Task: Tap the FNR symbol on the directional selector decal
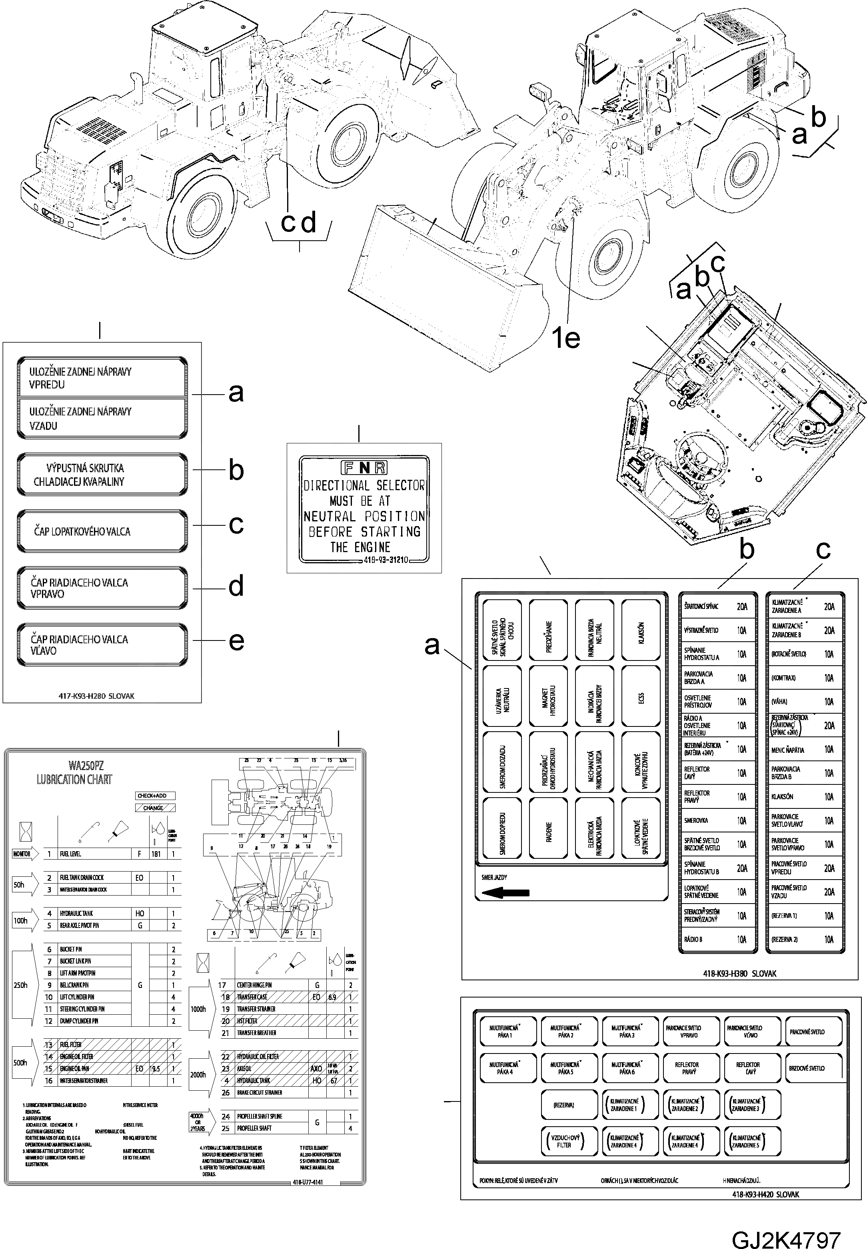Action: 364,467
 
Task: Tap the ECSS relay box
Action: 641,697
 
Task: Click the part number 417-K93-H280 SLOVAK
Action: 96,696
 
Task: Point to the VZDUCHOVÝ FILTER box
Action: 564,1141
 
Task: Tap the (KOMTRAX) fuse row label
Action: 783,678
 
